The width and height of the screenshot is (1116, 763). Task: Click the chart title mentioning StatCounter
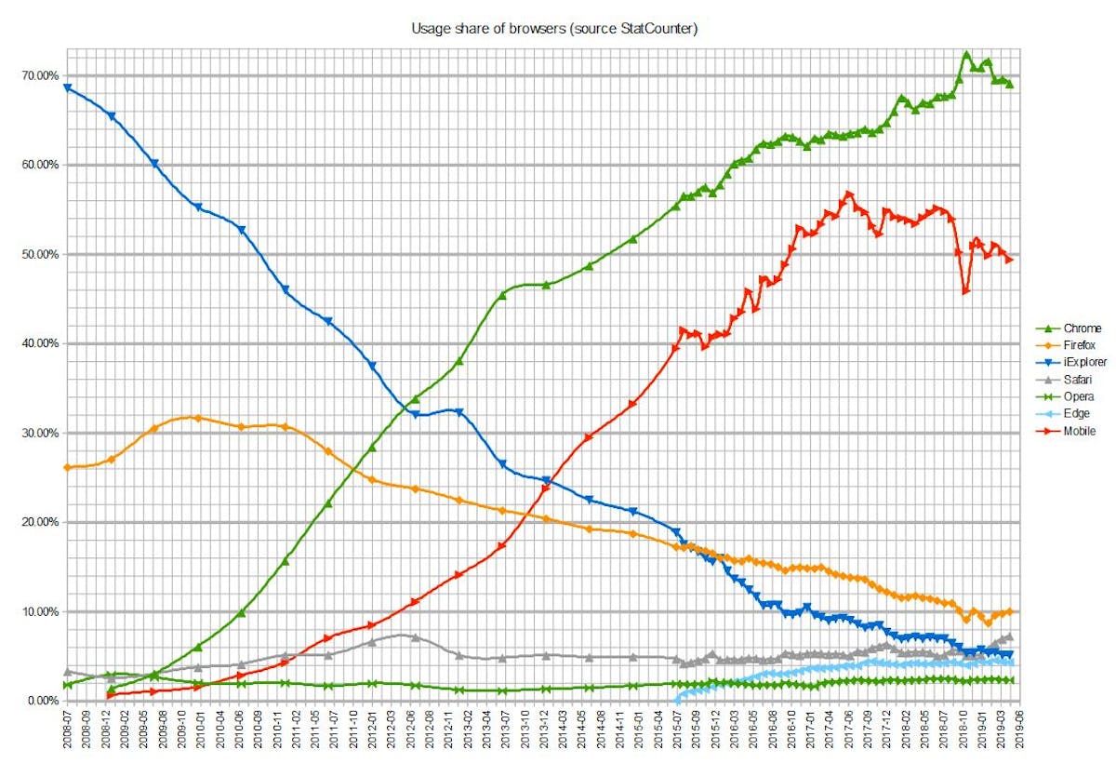pyautogui.click(x=554, y=29)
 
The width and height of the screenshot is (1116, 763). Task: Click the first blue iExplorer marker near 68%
pyautogui.click(x=67, y=87)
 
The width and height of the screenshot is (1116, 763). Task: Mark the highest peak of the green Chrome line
pyautogui.click(x=966, y=55)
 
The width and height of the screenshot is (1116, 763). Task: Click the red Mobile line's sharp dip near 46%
pyautogui.click(x=966, y=291)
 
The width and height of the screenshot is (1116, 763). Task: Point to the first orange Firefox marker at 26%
pyautogui.click(x=67, y=467)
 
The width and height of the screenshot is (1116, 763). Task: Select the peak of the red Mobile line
pyautogui.click(x=848, y=194)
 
